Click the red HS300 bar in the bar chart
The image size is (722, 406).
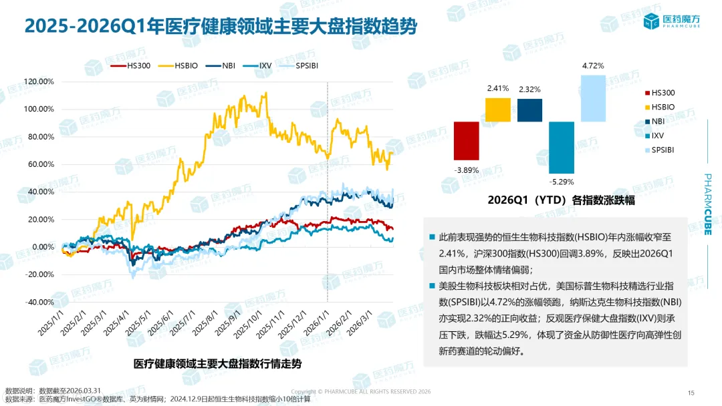pyautogui.click(x=467, y=141)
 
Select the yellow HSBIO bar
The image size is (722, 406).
pyautogui.click(x=497, y=110)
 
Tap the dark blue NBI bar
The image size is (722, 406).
pyautogui.click(x=530, y=110)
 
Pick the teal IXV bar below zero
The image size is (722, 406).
pyautogui.click(x=562, y=148)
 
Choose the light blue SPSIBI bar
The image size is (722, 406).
pyautogui.click(x=593, y=98)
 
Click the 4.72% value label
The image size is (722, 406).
pyautogui.click(x=593, y=66)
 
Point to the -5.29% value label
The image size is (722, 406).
pyautogui.click(x=562, y=181)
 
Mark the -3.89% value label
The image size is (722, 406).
pyautogui.click(x=467, y=170)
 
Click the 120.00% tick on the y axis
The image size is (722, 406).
pyautogui.click(x=38, y=81)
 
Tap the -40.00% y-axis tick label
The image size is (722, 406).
pyautogui.click(x=38, y=302)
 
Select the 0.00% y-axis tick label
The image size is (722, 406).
pyautogui.click(x=41, y=247)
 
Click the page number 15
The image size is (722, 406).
pyautogui.click(x=691, y=392)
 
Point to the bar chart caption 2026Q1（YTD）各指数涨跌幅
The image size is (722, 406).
pyautogui.click(x=561, y=200)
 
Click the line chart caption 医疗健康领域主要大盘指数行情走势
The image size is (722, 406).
pyautogui.click(x=217, y=364)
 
